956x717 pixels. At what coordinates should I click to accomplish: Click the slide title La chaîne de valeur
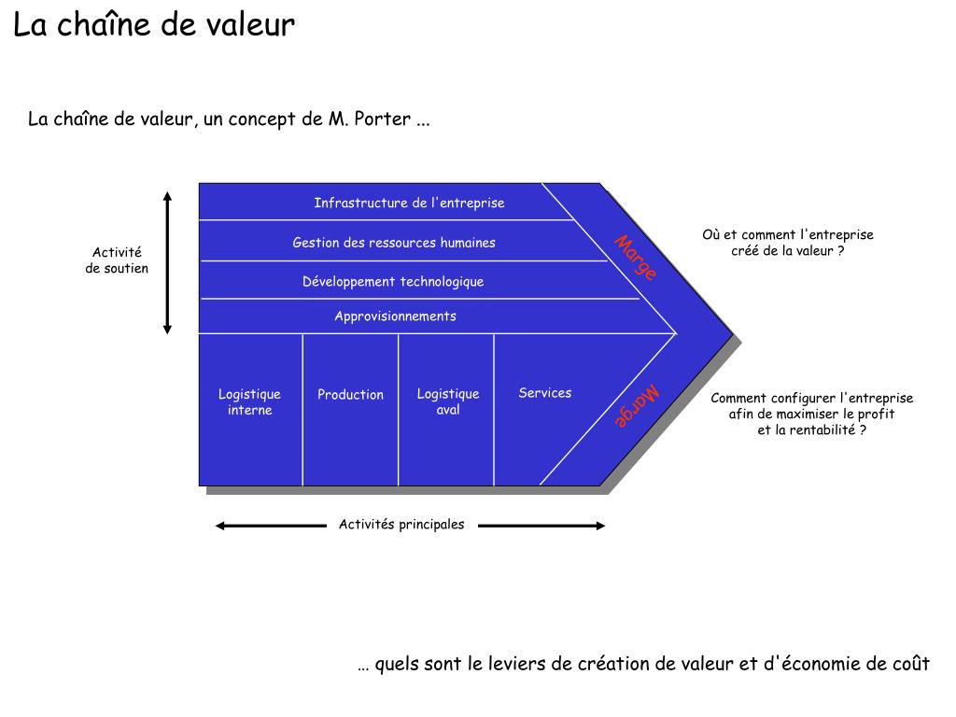(154, 25)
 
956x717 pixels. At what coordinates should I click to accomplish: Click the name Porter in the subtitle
(383, 119)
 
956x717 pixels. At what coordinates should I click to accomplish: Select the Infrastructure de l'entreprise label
(409, 203)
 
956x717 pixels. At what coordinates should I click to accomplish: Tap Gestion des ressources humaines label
(394, 243)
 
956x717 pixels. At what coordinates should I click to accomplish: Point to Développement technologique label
(393, 281)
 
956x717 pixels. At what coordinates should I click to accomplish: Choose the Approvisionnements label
(396, 316)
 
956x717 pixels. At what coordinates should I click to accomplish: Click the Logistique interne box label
(249, 402)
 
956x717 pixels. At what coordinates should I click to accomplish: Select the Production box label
(350, 395)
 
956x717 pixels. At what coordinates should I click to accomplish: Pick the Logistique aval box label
(448, 402)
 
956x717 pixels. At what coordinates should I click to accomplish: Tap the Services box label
(545, 393)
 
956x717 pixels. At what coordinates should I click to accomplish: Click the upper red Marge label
(636, 258)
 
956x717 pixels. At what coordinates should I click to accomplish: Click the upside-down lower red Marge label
(637, 407)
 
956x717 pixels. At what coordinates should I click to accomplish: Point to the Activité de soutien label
(117, 260)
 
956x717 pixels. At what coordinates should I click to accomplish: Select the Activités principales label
(401, 525)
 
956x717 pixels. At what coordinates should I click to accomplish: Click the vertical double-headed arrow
(168, 262)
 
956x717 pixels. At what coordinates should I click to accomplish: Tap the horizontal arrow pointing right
(541, 526)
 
